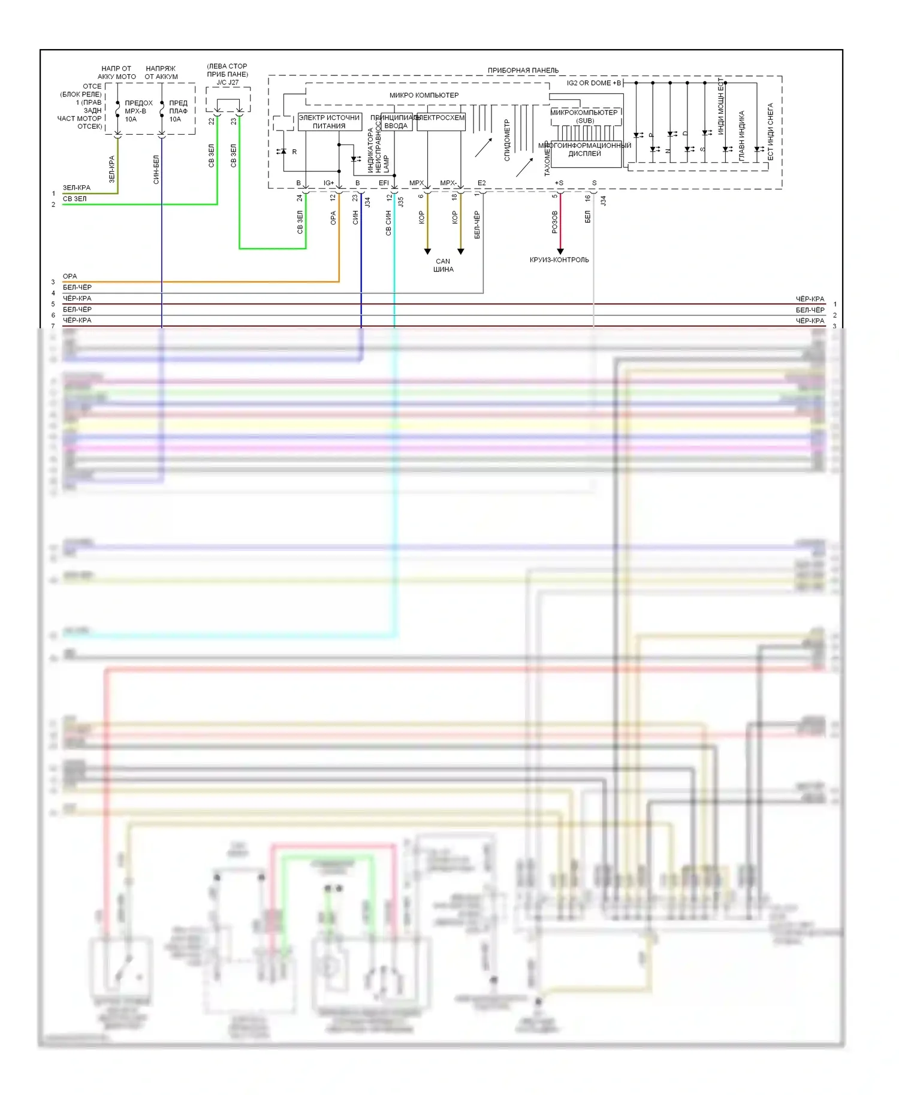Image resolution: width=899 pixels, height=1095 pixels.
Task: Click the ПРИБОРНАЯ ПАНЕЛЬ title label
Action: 523,70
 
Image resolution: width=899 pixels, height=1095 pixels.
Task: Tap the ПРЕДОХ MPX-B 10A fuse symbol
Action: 117,111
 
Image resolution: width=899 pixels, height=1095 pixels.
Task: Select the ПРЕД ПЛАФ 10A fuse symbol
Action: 162,111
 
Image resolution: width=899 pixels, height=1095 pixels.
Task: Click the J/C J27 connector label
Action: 228,83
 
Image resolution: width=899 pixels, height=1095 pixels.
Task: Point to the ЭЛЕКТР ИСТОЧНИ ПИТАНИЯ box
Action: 329,122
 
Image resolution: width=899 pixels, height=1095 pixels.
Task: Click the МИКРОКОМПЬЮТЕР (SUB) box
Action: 584,116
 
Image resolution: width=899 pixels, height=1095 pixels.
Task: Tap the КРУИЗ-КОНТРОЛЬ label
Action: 559,260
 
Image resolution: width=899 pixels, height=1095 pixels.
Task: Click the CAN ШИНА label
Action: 444,265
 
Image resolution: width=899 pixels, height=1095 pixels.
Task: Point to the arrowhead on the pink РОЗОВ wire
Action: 560,251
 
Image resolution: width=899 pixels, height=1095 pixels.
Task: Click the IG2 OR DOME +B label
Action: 593,83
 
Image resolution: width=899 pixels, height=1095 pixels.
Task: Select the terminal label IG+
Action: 329,183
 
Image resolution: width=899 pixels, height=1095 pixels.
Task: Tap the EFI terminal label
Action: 384,183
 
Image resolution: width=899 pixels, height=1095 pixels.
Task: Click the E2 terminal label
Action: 482,183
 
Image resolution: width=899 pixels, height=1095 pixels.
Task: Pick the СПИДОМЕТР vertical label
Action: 507,140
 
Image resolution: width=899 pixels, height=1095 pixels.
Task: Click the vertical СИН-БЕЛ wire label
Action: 156,170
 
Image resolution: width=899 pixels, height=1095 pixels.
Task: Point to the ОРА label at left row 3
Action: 70,276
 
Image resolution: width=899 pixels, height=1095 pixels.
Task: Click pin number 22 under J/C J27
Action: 212,121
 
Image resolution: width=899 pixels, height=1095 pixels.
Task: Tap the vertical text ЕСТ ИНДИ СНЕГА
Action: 771,132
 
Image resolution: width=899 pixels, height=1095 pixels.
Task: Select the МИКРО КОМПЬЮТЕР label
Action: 424,95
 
